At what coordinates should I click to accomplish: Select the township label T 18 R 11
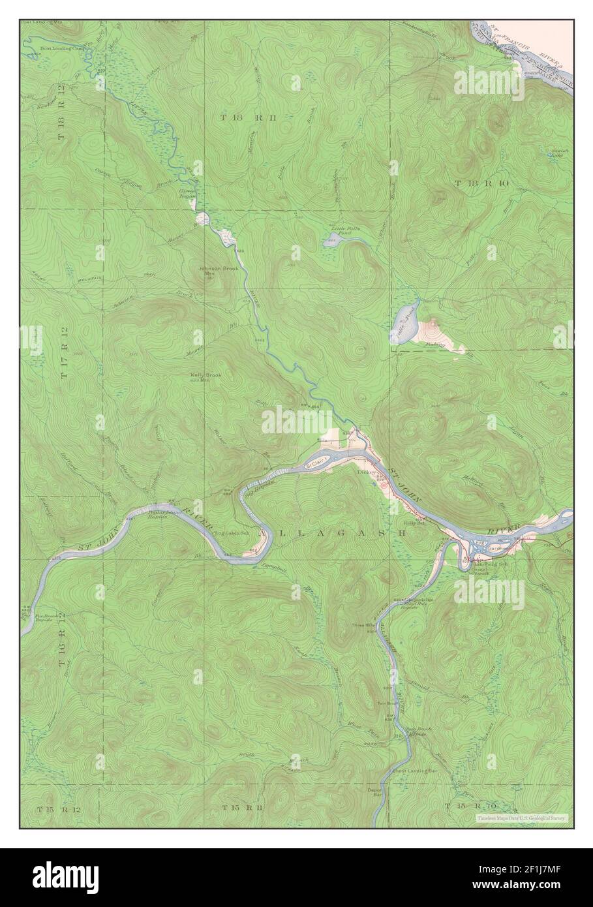click(x=241, y=117)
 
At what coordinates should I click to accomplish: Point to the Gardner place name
click(x=496, y=549)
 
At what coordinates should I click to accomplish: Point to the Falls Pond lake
click(x=404, y=321)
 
